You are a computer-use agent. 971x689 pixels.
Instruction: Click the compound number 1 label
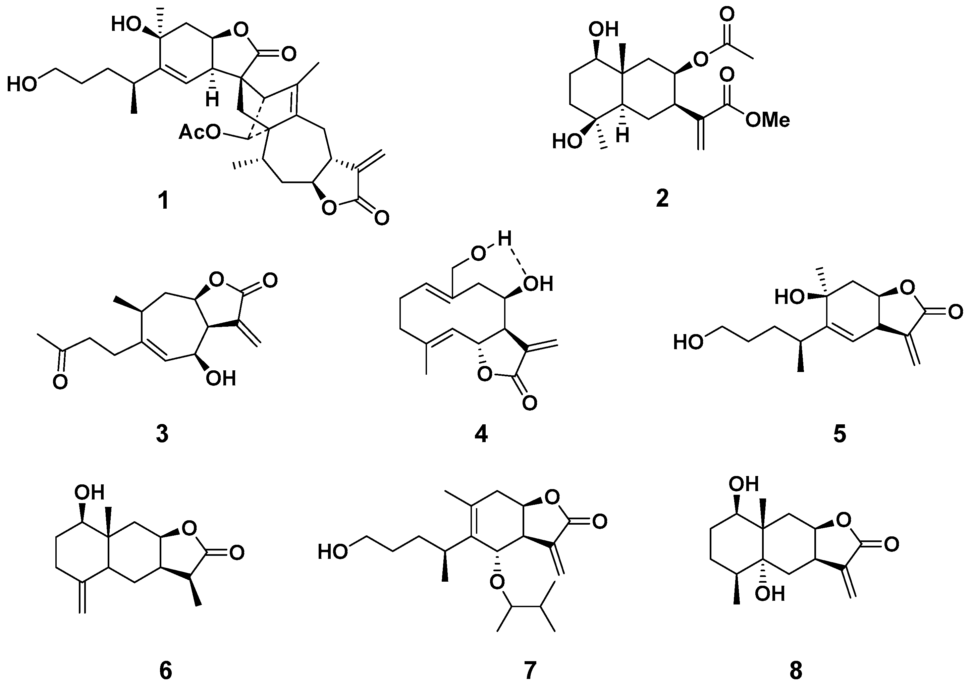(x=163, y=200)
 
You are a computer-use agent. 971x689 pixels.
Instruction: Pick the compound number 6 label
(x=165, y=671)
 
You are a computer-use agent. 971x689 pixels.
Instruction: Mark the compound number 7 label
(x=530, y=671)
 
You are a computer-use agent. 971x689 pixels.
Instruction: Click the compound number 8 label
(x=796, y=671)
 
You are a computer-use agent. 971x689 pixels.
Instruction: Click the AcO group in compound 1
(x=199, y=133)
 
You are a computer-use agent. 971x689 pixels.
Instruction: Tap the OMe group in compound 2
(x=767, y=120)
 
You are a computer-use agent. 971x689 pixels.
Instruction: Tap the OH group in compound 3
(x=220, y=378)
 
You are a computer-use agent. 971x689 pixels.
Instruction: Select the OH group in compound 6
(x=89, y=492)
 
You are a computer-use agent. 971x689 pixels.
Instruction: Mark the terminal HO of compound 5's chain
(x=688, y=342)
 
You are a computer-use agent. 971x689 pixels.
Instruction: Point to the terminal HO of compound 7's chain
(x=333, y=552)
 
